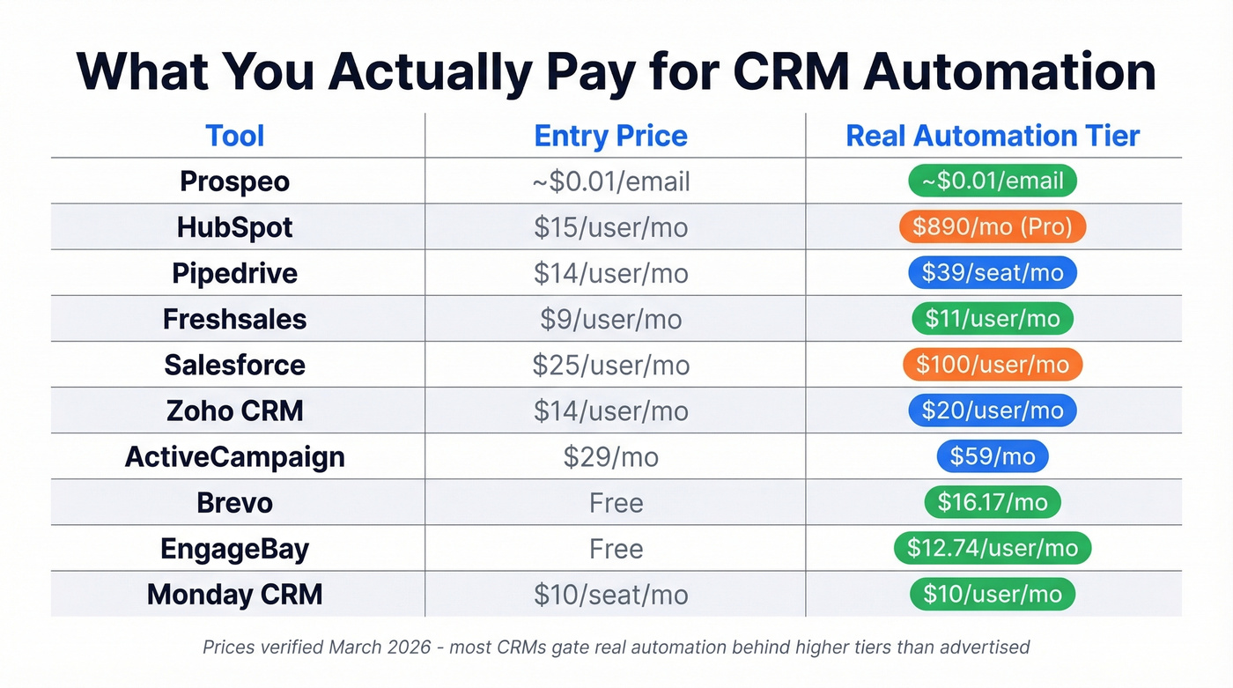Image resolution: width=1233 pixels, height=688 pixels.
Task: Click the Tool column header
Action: [235, 136]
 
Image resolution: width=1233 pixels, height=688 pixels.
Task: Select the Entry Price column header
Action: [610, 136]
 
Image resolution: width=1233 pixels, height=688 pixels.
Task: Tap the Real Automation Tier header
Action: [993, 136]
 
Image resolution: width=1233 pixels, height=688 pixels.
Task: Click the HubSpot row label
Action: [235, 227]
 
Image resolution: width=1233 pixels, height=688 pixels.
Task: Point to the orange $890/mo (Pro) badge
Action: [993, 227]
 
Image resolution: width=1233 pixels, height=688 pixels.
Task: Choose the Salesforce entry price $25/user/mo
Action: [610, 365]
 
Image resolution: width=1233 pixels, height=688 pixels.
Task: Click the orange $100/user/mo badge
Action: [993, 365]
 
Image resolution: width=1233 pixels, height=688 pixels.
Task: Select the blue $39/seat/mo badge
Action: [993, 273]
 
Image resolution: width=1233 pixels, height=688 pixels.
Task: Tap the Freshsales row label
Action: [235, 319]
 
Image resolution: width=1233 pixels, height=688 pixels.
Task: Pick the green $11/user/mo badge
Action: [993, 319]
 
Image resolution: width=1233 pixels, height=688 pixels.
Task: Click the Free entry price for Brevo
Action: [616, 503]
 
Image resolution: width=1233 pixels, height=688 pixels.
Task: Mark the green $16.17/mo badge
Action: [993, 503]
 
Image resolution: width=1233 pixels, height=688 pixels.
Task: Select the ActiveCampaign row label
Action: [235, 457]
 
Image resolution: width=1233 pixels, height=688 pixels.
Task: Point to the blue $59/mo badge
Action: [993, 457]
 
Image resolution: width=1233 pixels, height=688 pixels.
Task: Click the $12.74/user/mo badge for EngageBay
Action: [993, 549]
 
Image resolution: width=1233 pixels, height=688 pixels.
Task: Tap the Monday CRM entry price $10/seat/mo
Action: [610, 595]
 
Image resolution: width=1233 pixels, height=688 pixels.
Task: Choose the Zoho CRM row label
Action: [235, 411]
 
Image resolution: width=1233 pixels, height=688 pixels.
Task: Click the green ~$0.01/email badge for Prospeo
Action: [993, 181]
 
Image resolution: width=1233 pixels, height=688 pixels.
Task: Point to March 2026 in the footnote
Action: [383, 647]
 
